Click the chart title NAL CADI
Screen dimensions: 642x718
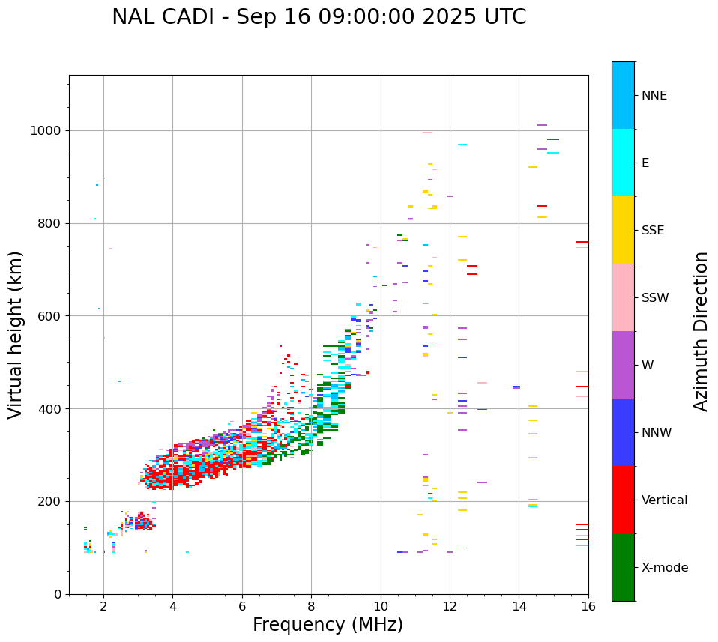point(319,17)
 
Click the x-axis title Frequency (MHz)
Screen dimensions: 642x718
point(328,625)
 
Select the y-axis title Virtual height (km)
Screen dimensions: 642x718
point(16,334)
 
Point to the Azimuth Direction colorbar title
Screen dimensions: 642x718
point(701,331)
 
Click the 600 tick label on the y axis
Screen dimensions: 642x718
point(49,316)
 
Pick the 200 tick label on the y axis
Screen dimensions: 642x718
point(49,502)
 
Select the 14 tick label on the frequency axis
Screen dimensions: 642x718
point(519,606)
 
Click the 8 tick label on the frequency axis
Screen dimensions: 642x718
point(311,606)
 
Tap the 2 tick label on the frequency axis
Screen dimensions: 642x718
point(103,606)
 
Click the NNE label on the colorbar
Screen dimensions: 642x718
point(654,96)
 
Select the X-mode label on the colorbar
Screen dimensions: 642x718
point(664,568)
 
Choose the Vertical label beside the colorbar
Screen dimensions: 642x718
point(664,500)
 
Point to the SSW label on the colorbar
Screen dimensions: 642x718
point(655,298)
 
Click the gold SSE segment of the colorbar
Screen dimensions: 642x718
point(623,230)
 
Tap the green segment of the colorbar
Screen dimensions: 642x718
point(623,567)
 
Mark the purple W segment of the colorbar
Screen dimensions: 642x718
point(623,365)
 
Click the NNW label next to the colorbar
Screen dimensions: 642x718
point(657,433)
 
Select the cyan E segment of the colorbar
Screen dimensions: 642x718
point(623,163)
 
